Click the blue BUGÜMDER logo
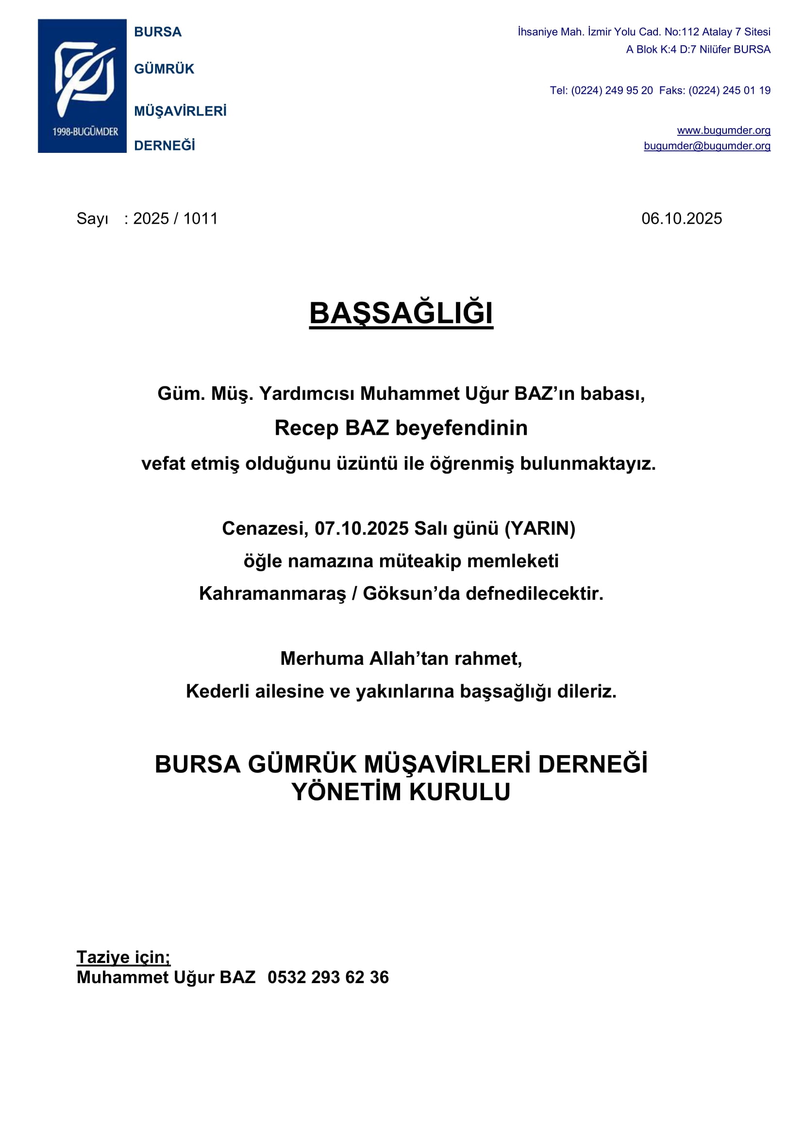82,85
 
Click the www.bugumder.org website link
723,131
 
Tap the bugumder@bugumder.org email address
706,146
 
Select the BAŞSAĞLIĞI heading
401,313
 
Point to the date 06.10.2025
681,218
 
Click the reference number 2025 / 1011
175,218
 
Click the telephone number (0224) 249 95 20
612,90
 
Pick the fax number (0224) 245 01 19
729,90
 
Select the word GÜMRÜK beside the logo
164,69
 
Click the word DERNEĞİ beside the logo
165,146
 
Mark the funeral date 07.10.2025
362,528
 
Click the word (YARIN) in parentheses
539,528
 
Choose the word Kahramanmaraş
272,593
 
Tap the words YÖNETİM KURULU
401,792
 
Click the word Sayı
92,218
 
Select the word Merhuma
322,658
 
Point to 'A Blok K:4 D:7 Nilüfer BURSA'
698,49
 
